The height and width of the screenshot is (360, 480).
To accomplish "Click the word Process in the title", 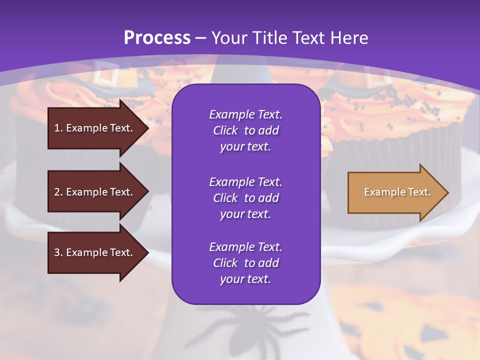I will point(157,38).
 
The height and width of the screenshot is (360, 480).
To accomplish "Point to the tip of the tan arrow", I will point(447,192).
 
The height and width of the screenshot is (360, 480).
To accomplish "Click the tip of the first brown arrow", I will point(148,128).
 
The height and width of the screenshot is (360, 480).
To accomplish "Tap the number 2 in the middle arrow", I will point(57,192).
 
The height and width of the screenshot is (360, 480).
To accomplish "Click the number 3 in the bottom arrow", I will point(57,252).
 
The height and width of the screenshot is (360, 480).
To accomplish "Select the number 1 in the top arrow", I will point(57,128).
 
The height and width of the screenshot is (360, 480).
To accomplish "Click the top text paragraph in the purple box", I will point(245,130).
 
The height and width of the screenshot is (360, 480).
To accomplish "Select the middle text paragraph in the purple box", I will point(245,197).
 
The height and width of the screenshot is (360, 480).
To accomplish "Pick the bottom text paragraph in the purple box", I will point(245,263).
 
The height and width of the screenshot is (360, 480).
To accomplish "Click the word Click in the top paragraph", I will point(225,130).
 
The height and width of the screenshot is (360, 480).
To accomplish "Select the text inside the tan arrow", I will point(397,192).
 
